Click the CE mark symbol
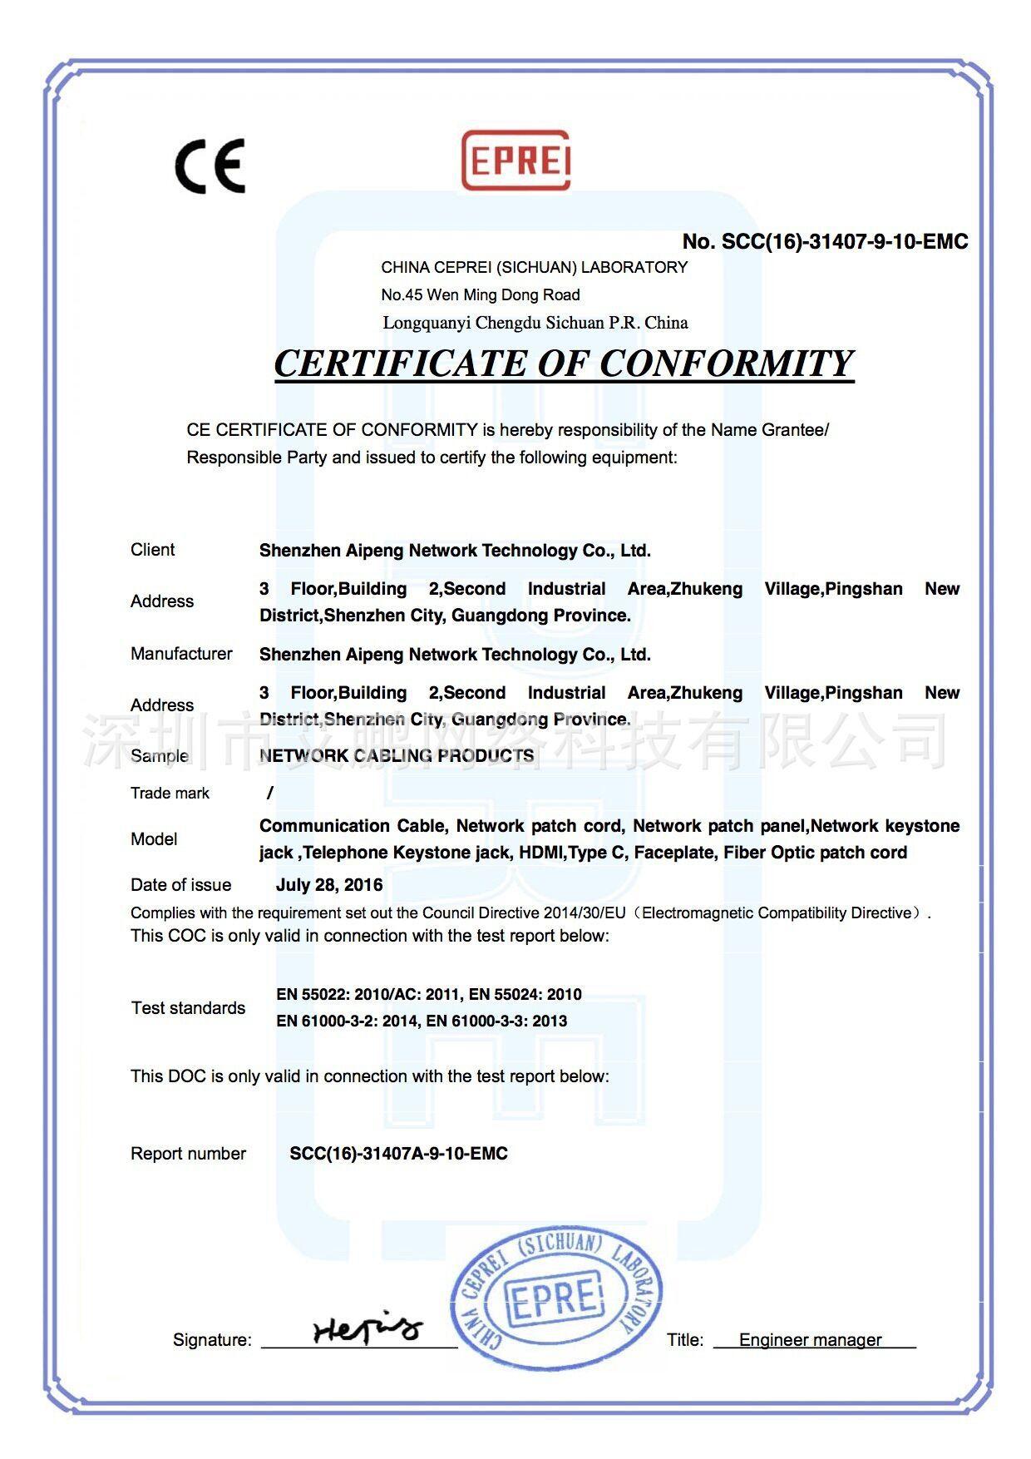(210, 166)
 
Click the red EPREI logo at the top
(515, 160)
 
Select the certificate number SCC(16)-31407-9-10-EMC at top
(825, 242)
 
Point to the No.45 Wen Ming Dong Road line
(481, 294)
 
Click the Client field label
(152, 550)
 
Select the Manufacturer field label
(181, 654)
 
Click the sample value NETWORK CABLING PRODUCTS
(397, 755)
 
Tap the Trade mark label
(170, 794)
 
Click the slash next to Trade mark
(270, 794)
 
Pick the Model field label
(154, 839)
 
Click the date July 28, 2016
(329, 885)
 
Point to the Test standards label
(188, 1008)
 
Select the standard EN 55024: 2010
(525, 995)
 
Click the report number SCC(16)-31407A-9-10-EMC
(398, 1154)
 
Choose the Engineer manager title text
(810, 1340)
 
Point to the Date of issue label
(180, 885)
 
